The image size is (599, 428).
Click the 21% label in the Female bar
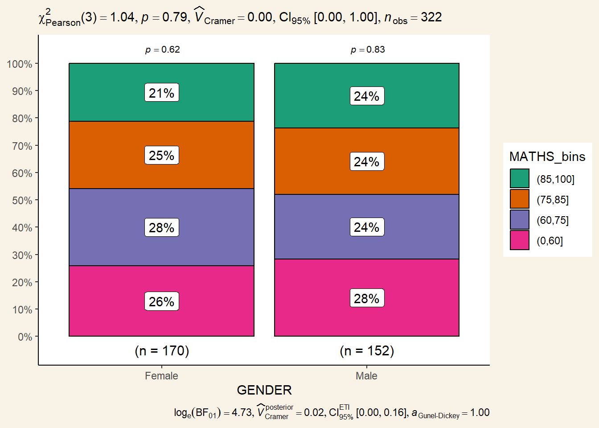tap(161, 93)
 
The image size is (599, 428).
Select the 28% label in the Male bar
tap(366, 298)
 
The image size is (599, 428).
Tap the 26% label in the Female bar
tap(161, 301)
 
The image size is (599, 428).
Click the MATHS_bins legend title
tap(547, 156)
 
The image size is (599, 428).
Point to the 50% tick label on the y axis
tap(22, 201)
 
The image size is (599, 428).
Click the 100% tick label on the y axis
tap(20, 64)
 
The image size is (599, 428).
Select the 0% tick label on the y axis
tap(25, 337)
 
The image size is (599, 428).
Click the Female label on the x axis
tap(161, 376)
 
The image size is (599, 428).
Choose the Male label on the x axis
tap(366, 376)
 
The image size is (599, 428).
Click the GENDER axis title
tap(264, 390)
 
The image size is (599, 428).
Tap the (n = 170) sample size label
tap(162, 351)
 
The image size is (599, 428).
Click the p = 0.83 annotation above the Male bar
tap(368, 49)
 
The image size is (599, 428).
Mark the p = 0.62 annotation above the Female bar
tap(163, 49)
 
